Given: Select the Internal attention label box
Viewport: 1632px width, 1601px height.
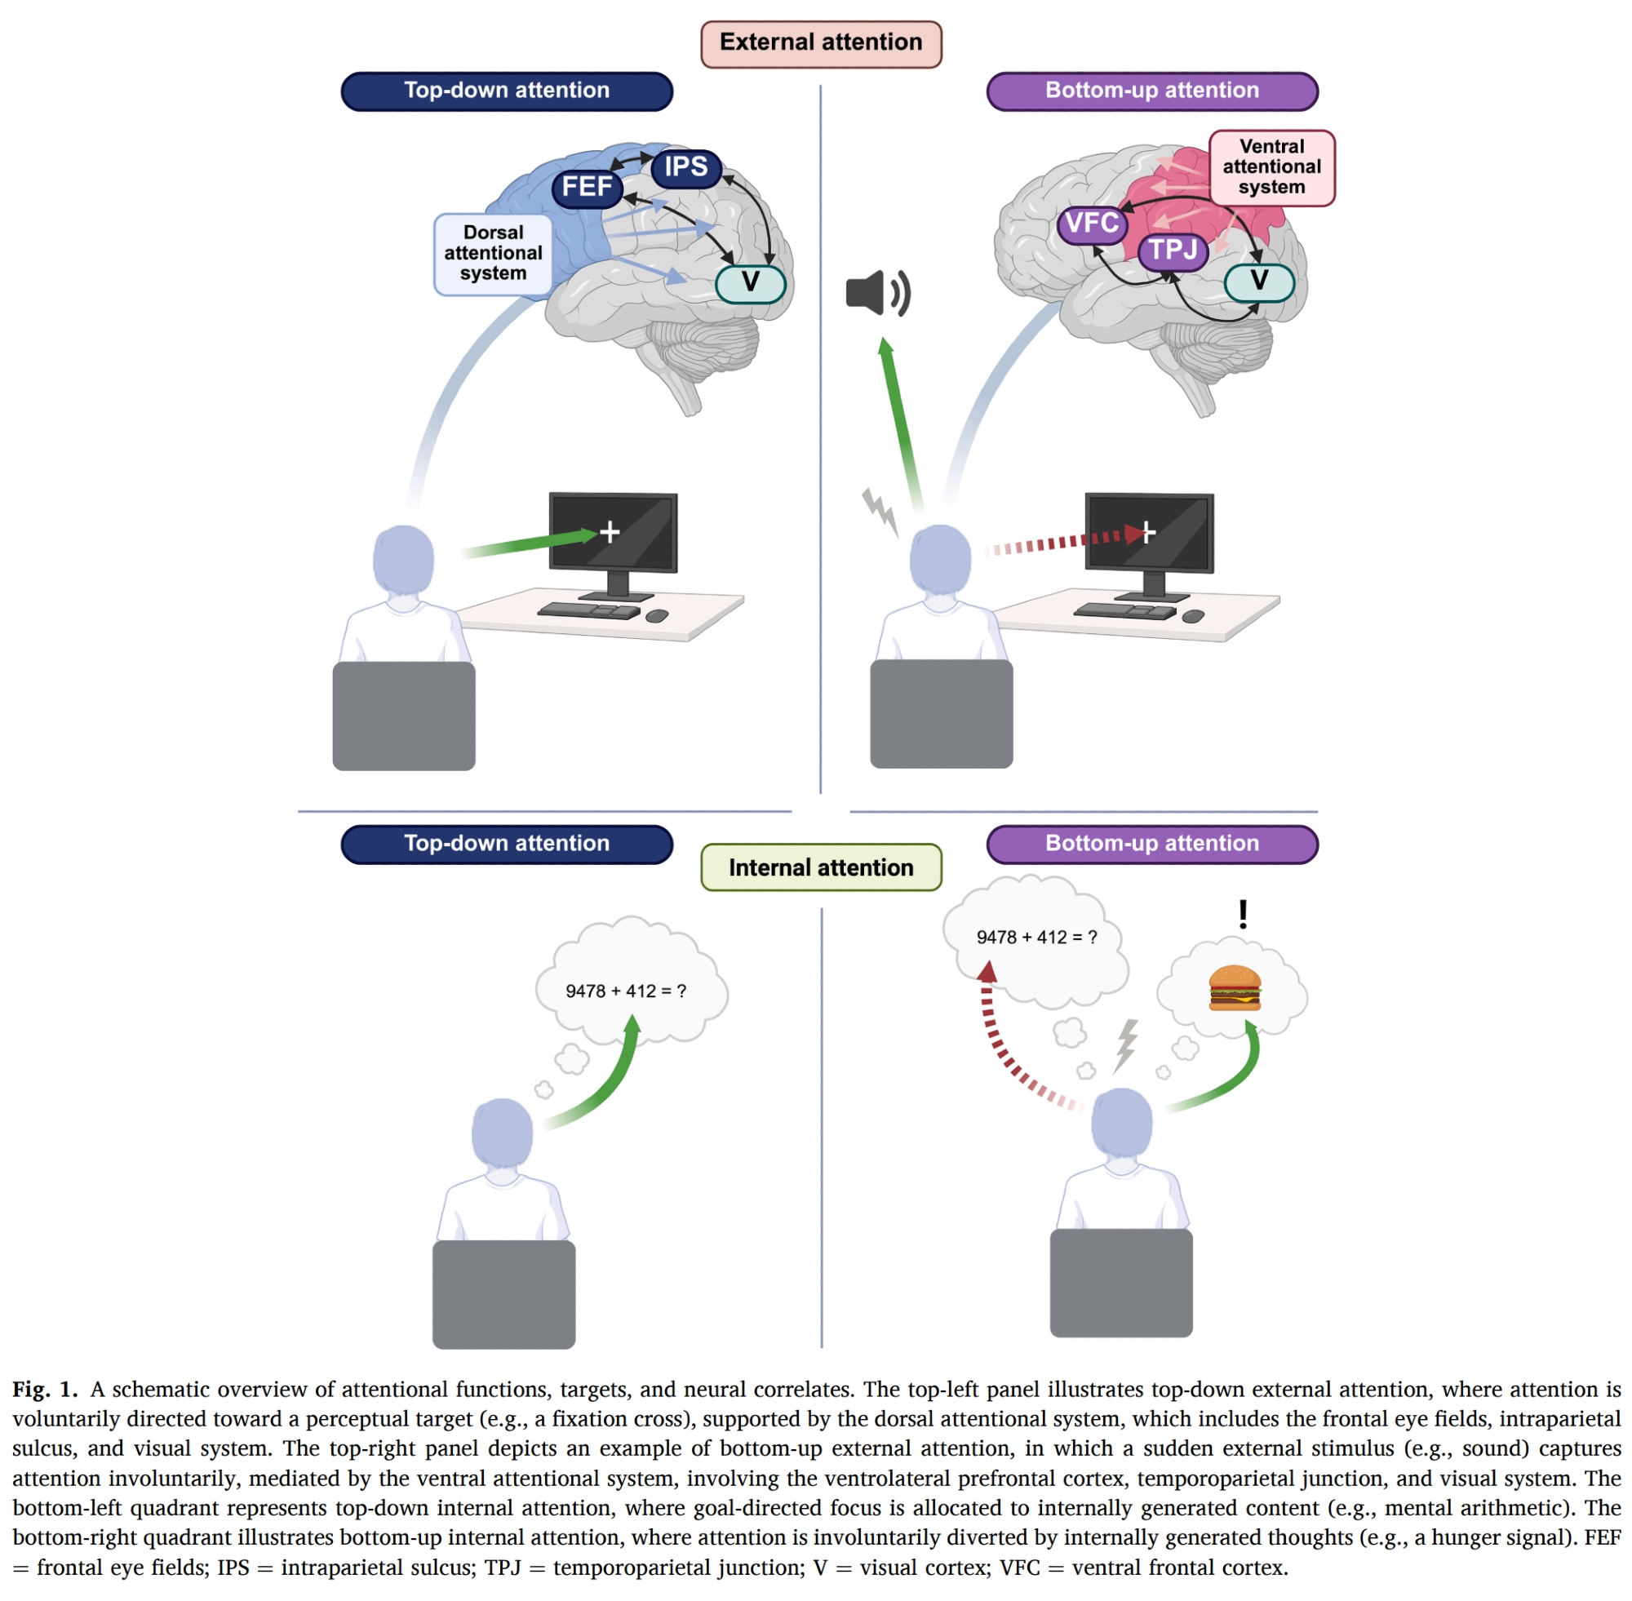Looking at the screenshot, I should coord(821,867).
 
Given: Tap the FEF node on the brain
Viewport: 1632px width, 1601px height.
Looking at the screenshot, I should coord(587,187).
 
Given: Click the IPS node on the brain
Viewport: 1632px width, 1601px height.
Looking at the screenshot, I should coord(686,166).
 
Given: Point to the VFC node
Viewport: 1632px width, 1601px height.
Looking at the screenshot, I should coord(1091,224).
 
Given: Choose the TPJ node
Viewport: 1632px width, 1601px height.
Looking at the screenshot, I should coord(1172,250).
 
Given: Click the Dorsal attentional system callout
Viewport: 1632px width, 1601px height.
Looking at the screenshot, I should coord(493,253).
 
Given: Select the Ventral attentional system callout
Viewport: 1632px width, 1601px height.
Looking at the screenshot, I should coord(1271,167).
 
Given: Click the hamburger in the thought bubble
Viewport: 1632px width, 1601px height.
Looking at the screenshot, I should coord(1234,987).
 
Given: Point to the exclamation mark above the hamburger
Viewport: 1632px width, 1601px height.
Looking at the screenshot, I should coord(1243,914).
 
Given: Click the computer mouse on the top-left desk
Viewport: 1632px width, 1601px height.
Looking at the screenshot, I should coord(657,616).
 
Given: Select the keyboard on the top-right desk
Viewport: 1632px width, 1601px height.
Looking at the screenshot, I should coord(1125,610).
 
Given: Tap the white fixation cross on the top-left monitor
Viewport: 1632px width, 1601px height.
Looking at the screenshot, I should coord(610,531).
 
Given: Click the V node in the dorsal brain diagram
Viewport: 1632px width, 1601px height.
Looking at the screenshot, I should coord(750,282).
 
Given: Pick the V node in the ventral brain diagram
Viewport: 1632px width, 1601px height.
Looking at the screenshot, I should coord(1259,282).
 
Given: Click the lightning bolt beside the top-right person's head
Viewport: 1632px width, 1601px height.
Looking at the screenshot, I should coord(880,510).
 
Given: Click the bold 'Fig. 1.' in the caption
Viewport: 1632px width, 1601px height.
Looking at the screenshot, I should coord(45,1390).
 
